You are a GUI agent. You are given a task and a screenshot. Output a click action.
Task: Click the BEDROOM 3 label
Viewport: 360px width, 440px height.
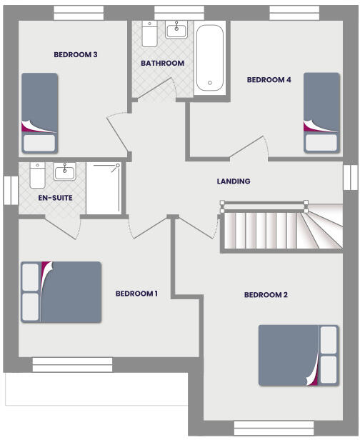76,54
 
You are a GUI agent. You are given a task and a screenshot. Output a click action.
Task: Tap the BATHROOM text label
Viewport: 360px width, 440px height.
162,64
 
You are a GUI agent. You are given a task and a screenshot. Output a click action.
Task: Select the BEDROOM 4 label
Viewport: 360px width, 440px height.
269,80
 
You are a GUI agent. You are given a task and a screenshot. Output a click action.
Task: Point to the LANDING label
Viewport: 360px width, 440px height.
234,181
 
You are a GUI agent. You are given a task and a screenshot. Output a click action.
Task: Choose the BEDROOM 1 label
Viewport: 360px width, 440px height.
136,294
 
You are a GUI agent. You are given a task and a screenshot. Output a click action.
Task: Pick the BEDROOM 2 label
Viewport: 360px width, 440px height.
266,295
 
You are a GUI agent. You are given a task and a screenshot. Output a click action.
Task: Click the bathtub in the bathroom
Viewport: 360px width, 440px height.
210,58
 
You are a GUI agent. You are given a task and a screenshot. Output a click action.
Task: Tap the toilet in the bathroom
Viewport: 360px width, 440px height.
149,34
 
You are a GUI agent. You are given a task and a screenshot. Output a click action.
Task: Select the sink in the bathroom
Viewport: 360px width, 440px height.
176,30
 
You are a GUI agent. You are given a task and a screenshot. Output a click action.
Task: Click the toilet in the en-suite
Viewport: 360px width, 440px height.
36,174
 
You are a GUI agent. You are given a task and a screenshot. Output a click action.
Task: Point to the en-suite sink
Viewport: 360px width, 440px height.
64,171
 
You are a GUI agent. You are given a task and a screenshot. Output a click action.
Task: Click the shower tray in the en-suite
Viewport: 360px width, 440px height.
104,188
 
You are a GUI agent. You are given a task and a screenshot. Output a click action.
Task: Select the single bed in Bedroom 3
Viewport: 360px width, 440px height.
39,112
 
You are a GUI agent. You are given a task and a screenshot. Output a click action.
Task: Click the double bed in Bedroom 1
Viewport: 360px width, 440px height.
61,291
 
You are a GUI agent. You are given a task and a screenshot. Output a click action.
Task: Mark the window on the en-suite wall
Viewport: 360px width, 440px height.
9,190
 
